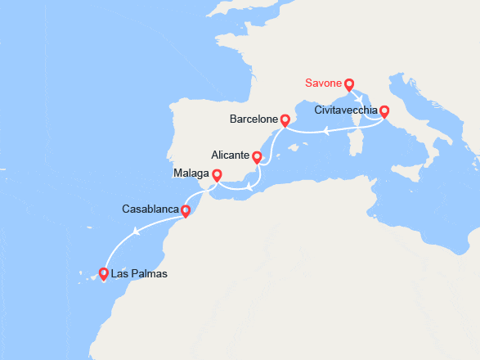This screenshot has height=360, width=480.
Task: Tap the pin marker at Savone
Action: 349,83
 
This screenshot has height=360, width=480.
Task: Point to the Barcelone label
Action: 253,119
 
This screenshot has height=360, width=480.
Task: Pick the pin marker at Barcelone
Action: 285,119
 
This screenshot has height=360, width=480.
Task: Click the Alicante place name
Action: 230,154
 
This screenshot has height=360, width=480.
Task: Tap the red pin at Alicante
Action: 257,156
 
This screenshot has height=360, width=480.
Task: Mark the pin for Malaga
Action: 217,174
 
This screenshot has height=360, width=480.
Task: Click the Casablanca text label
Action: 150,209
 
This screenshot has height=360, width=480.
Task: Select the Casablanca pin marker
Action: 186,211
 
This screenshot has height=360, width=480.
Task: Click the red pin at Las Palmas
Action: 104,274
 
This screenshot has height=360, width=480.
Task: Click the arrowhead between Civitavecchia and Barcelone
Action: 326,130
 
